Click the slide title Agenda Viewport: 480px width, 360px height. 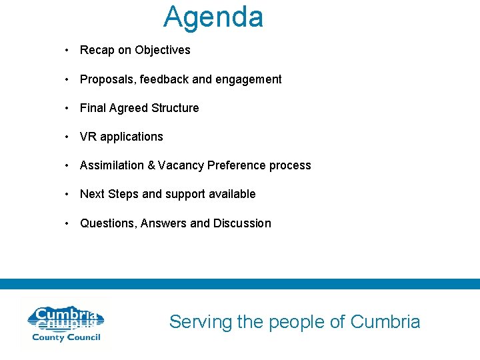(x=213, y=17)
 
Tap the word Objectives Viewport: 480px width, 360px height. (x=162, y=50)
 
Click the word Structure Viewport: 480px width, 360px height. (x=175, y=108)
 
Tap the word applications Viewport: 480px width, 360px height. (x=131, y=137)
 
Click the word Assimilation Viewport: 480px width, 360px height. (x=111, y=165)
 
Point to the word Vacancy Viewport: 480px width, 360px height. (x=181, y=165)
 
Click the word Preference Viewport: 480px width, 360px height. (x=237, y=165)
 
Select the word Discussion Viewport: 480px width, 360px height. (x=242, y=223)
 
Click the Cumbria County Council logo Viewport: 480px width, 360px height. (x=65, y=324)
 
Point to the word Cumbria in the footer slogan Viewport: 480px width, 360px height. (x=385, y=322)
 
